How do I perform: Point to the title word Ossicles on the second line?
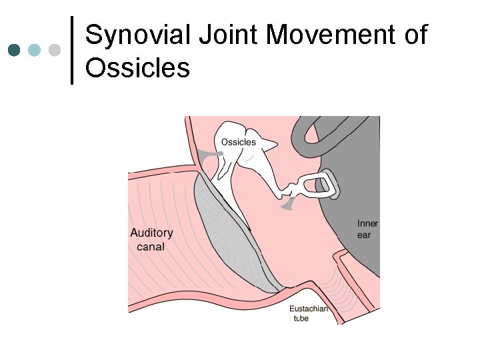coord(138,67)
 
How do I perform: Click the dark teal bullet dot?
coord(15,50)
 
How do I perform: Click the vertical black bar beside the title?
coord(72,50)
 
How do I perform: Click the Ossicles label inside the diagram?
coord(238,142)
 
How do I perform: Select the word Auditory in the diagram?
coord(151,233)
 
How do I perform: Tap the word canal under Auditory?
coord(150,247)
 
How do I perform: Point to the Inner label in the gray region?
coord(367,224)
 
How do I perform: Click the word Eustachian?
coord(309,309)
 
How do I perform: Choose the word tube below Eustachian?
coord(301,319)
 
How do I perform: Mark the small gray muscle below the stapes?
coord(289,207)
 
